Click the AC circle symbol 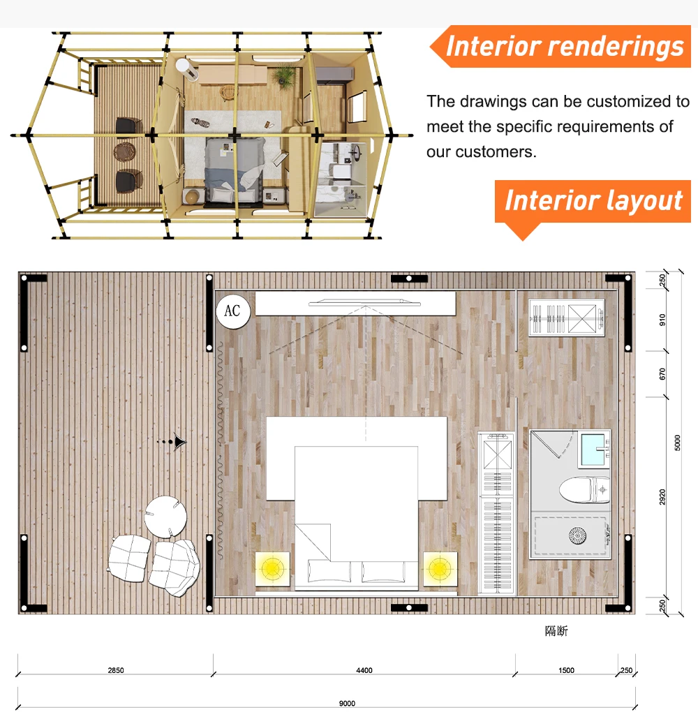233,311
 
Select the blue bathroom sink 593,450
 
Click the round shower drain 577,535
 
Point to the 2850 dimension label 116,670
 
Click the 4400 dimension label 364,670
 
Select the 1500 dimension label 566,670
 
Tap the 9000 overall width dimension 347,704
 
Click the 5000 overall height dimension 677,443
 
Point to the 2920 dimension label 662,497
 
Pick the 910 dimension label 662,320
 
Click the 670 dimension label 662,374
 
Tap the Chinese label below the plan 556,632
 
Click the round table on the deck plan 165,517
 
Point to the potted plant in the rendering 285,76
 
